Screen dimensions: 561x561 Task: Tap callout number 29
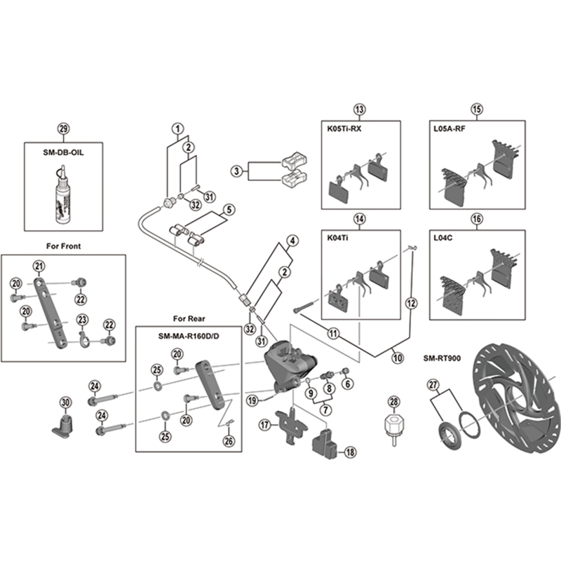(64, 128)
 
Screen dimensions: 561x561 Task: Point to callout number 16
(477, 219)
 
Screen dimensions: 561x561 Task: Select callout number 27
(433, 384)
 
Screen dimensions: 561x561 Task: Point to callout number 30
(66, 403)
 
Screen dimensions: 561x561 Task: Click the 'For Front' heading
(64, 246)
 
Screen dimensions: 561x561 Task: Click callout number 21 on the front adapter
(39, 265)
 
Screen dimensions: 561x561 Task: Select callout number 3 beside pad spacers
(238, 170)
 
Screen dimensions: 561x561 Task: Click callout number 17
(265, 425)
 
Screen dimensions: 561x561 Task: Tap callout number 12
(411, 303)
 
